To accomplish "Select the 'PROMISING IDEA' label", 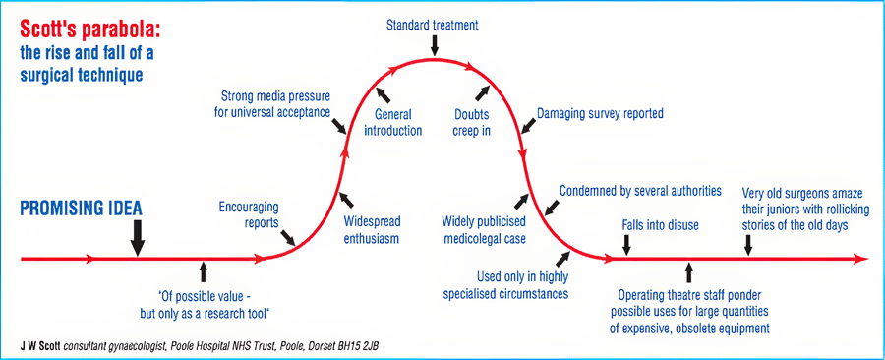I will [x=82, y=209].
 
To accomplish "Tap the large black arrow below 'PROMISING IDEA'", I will [x=138, y=236].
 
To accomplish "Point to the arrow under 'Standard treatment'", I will [x=434, y=45].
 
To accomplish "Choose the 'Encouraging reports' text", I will [x=249, y=214].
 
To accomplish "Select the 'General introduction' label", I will [x=398, y=123].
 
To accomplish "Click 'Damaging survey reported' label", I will [x=600, y=113].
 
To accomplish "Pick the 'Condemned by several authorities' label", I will [x=640, y=190].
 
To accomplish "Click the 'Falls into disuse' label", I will [x=660, y=225].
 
